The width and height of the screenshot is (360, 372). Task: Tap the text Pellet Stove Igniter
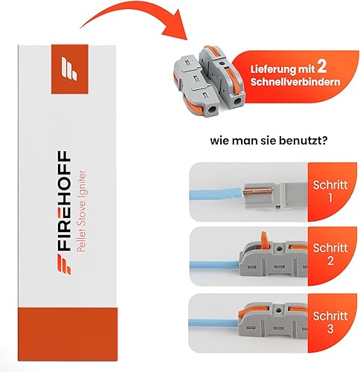[81, 211]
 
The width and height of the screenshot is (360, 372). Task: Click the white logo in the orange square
[69, 68]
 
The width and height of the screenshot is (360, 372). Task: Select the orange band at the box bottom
[68, 334]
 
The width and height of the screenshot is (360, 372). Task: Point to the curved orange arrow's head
[175, 28]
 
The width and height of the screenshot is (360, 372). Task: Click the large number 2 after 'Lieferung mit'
[321, 67]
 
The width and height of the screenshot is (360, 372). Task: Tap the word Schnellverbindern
[295, 82]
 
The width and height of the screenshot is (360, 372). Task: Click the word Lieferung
[271, 69]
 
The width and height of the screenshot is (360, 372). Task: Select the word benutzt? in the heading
[303, 141]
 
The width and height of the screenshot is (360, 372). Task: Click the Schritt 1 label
[330, 191]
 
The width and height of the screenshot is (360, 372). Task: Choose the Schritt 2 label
[330, 254]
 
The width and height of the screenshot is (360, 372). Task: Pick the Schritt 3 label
[330, 322]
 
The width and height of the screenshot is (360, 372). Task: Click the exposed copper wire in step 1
[258, 191]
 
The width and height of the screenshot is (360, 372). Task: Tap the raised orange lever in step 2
[264, 240]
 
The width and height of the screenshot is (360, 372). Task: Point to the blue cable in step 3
[213, 323]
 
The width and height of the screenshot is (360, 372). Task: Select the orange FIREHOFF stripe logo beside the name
[63, 264]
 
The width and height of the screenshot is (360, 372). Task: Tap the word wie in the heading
[220, 141]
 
